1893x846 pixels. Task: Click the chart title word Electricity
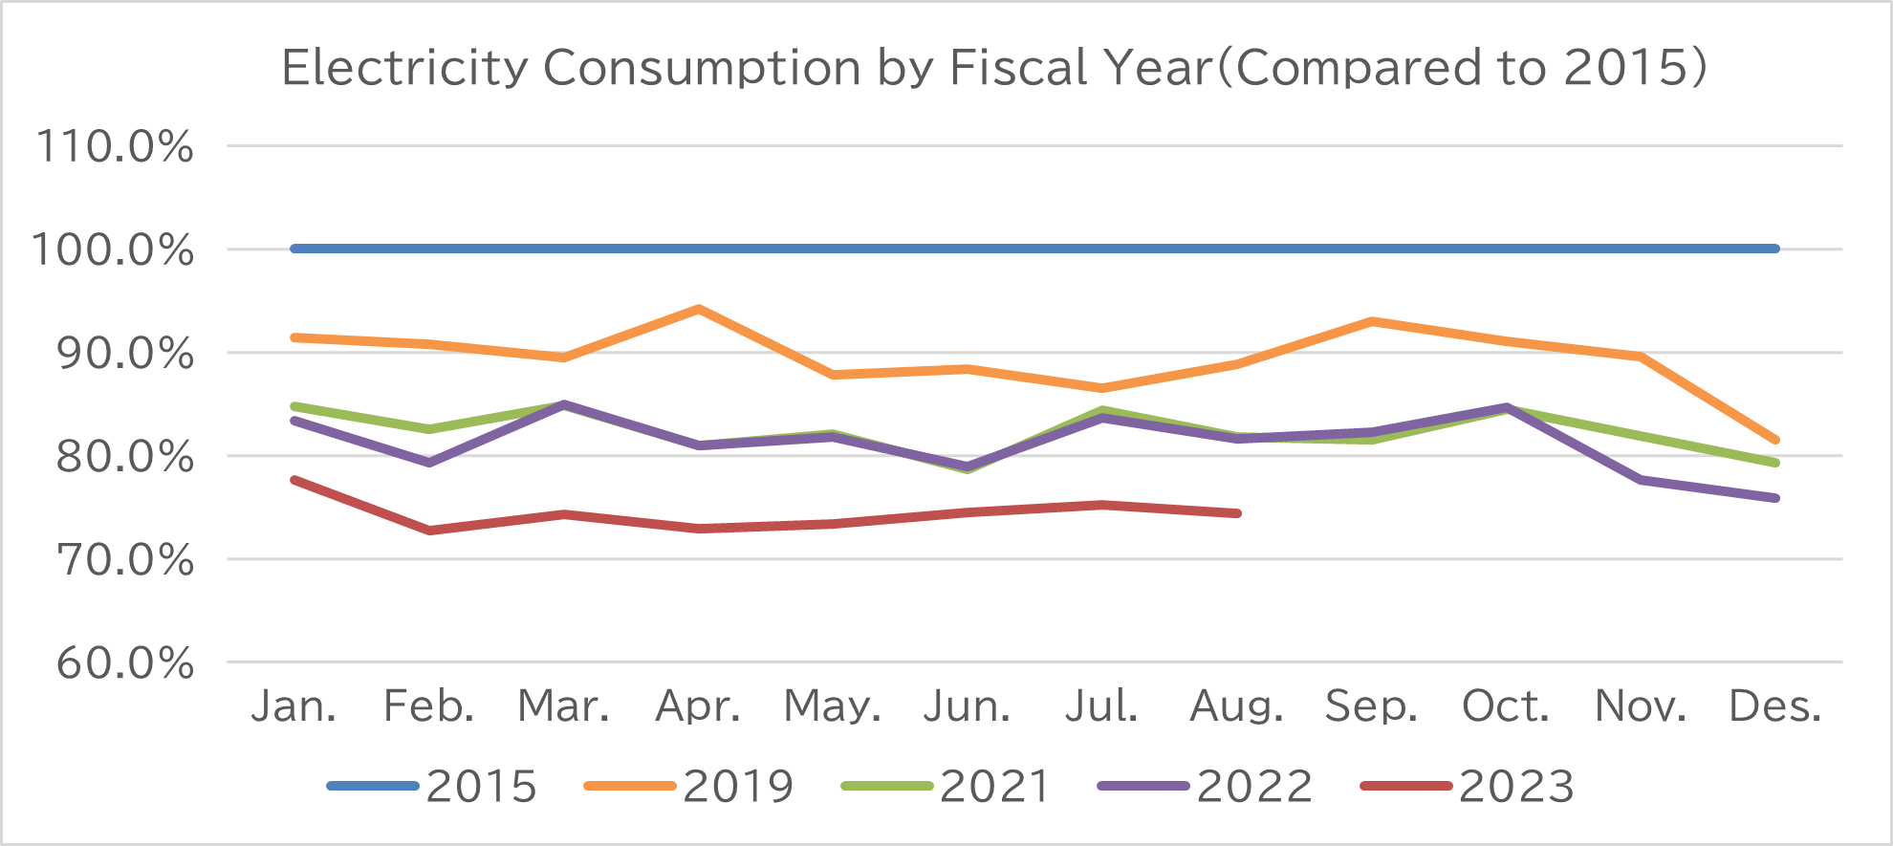pyautogui.click(x=404, y=68)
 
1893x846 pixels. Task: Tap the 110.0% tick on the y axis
pyautogui.click(x=115, y=147)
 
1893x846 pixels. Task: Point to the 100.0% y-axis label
pyautogui.click(x=113, y=250)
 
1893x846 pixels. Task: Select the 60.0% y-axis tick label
pyautogui.click(x=125, y=662)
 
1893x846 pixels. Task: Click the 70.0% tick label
pyautogui.click(x=125, y=560)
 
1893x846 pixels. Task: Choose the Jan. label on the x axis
pyautogui.click(x=294, y=706)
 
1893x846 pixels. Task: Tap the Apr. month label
pyautogui.click(x=698, y=706)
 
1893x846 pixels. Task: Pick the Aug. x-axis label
pyautogui.click(x=1236, y=706)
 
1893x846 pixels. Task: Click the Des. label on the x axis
pyautogui.click(x=1775, y=706)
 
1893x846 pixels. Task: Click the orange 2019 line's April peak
pyautogui.click(x=699, y=309)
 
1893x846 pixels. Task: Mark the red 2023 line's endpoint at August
pyautogui.click(x=1237, y=513)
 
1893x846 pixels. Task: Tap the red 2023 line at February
pyautogui.click(x=429, y=531)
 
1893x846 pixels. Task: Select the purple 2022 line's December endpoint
pyautogui.click(x=1775, y=498)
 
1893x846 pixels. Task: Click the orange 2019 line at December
pyautogui.click(x=1775, y=440)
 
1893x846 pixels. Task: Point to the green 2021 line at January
pyautogui.click(x=294, y=406)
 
